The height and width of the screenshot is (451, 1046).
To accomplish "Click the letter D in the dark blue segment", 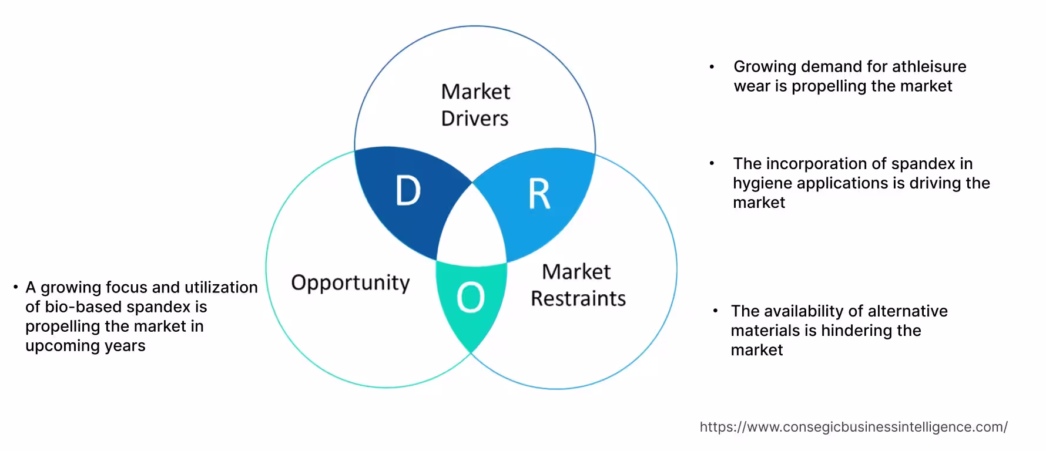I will [x=408, y=191].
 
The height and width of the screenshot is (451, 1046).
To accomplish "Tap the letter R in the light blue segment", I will [x=539, y=194].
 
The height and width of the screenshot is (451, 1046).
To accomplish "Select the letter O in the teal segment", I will [x=470, y=298].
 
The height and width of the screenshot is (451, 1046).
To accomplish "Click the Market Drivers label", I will [x=475, y=105].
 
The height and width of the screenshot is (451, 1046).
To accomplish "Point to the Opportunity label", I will [x=350, y=282].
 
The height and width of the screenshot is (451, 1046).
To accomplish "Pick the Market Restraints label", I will [x=578, y=285].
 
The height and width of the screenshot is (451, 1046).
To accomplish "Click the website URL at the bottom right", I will [x=853, y=427].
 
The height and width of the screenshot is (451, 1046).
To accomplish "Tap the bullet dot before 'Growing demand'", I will [x=712, y=67].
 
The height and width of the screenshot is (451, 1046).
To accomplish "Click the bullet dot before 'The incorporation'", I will [x=712, y=164].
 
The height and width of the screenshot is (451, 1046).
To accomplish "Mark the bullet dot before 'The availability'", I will [x=715, y=311].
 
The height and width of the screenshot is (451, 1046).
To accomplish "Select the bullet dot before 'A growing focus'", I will [x=16, y=287].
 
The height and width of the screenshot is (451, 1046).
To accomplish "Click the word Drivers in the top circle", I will [x=475, y=119].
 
